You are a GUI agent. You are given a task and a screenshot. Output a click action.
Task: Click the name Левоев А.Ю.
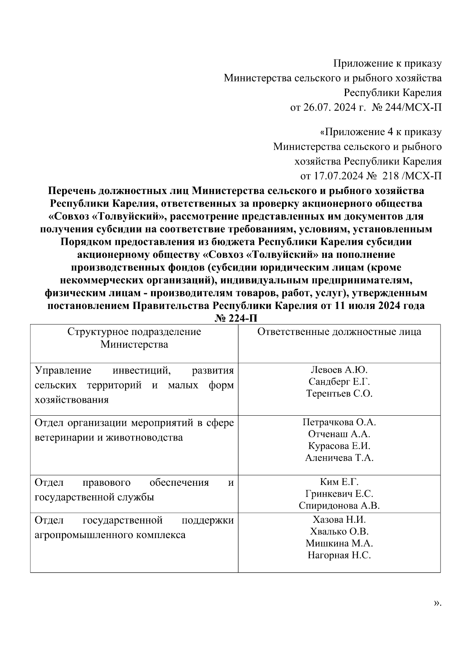tap(339, 370)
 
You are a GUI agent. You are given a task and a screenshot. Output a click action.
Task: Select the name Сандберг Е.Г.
tap(339, 381)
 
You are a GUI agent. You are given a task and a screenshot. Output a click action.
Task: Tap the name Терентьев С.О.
tap(339, 393)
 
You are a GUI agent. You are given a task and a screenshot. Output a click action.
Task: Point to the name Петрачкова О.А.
tap(339, 422)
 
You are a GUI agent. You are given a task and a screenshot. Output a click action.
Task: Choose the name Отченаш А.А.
tap(339, 434)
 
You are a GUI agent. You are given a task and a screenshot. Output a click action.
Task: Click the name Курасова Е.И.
tap(339, 446)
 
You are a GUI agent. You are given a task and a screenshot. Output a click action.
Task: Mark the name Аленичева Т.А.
tap(339, 458)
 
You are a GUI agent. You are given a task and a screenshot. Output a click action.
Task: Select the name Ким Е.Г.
tap(339, 482)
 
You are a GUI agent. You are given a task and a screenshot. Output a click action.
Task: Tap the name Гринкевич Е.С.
tap(339, 494)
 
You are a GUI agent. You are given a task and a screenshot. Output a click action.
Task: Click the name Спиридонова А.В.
tap(339, 505)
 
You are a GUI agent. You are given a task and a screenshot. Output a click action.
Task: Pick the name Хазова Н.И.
tap(339, 520)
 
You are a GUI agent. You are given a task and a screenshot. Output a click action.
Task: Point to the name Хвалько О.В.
tap(339, 531)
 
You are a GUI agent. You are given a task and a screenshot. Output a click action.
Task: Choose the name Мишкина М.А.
tap(339, 543)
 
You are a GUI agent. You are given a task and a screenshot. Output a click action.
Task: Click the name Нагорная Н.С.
tap(339, 555)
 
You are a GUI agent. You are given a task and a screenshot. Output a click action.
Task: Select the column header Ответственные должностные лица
tap(339, 331)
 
